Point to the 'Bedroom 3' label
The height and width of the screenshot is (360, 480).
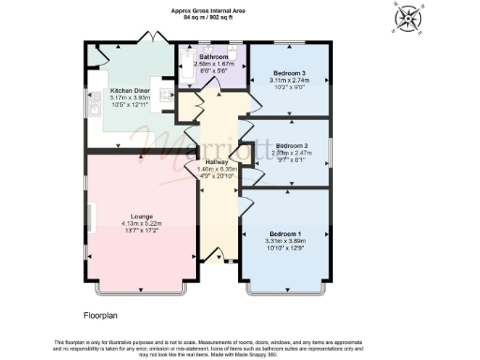point(288,73)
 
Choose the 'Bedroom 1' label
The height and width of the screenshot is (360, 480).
point(286,232)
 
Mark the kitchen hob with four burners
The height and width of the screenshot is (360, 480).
point(164,94)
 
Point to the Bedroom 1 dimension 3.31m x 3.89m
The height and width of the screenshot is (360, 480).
point(286,241)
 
